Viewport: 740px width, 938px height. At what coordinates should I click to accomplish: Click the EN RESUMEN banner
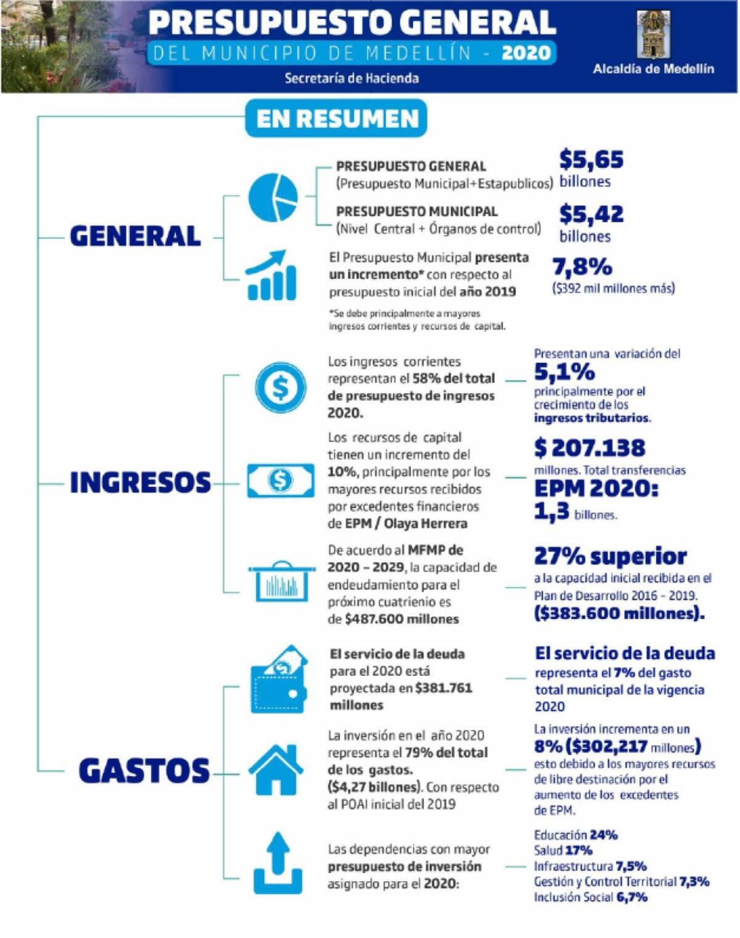336,118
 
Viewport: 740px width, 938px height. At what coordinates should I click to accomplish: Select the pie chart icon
273,197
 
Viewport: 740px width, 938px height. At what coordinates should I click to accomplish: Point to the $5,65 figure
591,160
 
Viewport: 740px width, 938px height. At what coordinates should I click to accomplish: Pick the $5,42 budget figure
591,214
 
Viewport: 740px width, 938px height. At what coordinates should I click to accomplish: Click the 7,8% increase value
582,267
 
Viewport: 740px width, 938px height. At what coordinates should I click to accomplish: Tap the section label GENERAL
135,236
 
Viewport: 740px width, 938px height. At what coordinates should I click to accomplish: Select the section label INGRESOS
140,483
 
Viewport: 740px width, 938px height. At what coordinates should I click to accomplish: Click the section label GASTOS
144,771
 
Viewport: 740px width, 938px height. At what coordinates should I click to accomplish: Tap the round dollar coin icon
281,388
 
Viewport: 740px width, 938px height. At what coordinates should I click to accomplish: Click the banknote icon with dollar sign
281,480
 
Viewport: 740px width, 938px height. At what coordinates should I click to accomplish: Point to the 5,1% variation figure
564,372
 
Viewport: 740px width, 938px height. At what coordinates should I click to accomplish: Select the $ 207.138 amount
590,448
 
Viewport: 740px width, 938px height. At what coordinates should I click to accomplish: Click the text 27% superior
610,556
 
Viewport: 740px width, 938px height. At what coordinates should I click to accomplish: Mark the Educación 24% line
575,835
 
